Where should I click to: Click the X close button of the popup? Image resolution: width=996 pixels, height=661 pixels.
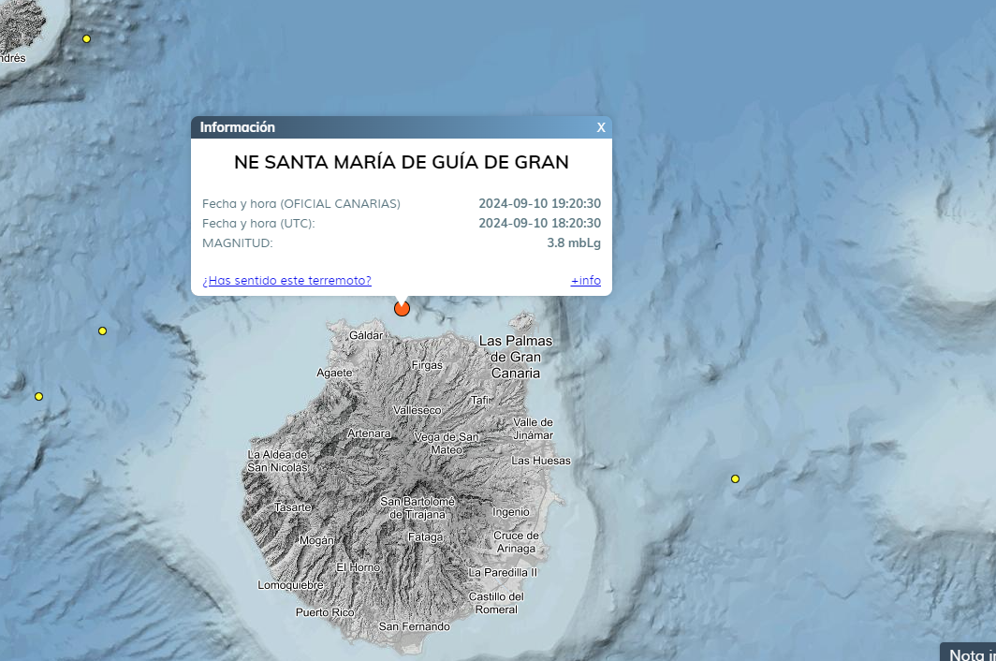point(601,127)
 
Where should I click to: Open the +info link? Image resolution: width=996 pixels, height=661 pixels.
point(586,281)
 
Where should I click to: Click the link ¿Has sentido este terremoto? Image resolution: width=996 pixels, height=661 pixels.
point(286,281)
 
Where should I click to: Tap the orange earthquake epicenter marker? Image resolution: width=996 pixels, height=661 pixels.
point(403,308)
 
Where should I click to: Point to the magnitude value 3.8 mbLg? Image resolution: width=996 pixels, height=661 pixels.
point(574,243)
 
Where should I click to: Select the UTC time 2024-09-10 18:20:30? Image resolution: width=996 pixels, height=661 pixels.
point(539,224)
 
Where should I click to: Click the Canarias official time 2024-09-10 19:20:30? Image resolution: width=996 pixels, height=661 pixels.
point(539,204)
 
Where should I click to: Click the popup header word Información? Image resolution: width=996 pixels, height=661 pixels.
point(238,127)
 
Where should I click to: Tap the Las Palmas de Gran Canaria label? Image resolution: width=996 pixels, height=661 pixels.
point(516,357)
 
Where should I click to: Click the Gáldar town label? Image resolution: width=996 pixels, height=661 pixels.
point(366,335)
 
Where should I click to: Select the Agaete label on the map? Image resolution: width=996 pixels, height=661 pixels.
point(335,373)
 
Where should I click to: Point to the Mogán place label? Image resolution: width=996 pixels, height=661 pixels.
point(316,540)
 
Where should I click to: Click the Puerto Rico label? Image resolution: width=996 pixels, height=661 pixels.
point(325,612)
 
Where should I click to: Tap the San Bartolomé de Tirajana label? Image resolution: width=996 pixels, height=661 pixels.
point(417,507)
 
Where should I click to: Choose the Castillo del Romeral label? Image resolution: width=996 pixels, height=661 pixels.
point(496,603)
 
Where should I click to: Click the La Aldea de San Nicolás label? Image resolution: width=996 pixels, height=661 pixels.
point(277,461)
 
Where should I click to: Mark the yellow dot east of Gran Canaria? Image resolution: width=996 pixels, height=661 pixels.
point(735,479)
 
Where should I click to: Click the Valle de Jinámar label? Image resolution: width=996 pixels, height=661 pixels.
point(534,429)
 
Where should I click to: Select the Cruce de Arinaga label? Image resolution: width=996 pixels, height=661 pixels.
point(516,542)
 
